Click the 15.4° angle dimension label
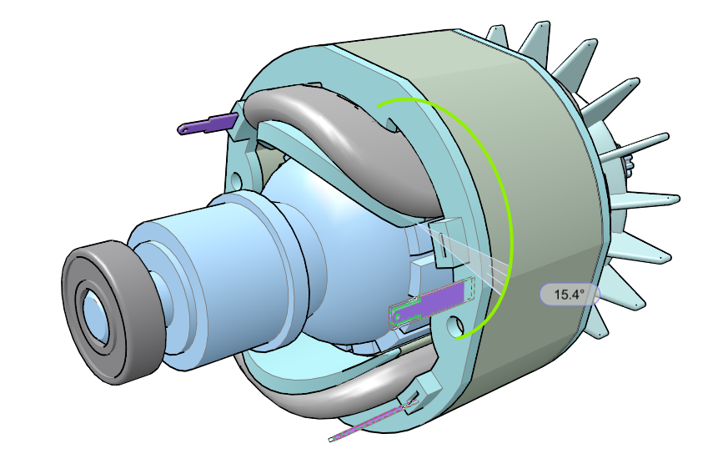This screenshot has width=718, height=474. pyautogui.click(x=570, y=294)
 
